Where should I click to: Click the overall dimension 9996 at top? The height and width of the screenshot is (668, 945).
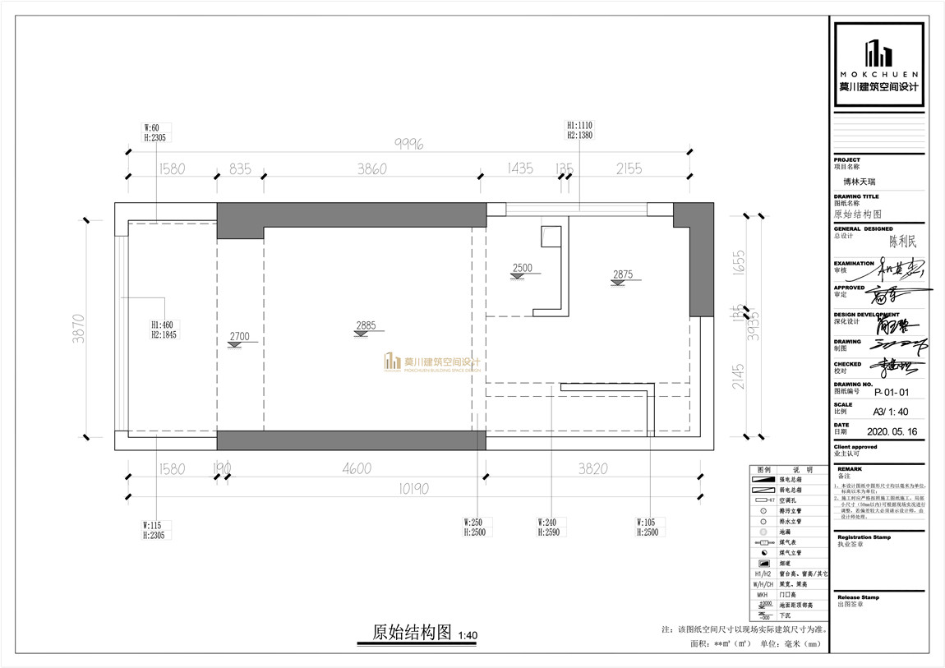(408, 144)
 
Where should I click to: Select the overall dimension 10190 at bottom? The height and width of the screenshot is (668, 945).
(414, 489)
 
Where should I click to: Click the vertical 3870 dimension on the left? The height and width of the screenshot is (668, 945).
(79, 326)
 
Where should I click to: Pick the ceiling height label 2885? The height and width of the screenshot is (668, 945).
(366, 325)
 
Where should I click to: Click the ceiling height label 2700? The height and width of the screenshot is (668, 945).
(239, 337)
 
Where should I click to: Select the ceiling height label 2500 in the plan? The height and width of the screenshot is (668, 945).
(522, 269)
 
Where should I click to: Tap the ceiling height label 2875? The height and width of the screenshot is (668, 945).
(622, 275)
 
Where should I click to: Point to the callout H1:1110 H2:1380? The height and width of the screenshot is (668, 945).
(579, 130)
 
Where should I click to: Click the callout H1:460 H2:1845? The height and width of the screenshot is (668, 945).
(164, 329)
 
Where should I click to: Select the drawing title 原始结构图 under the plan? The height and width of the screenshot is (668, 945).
(413, 632)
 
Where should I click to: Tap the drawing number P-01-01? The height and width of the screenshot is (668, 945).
(889, 392)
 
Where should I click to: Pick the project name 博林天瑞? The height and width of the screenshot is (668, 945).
(860, 185)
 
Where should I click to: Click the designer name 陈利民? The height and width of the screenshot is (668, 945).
(901, 242)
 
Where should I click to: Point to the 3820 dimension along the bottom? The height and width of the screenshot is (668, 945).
(592, 468)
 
